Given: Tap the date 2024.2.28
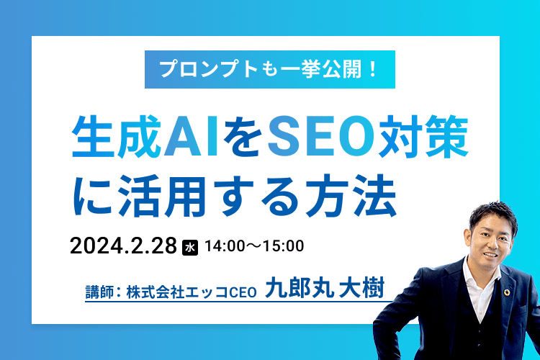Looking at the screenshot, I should tap(123, 246).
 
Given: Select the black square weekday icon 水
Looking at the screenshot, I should tap(191, 246).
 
